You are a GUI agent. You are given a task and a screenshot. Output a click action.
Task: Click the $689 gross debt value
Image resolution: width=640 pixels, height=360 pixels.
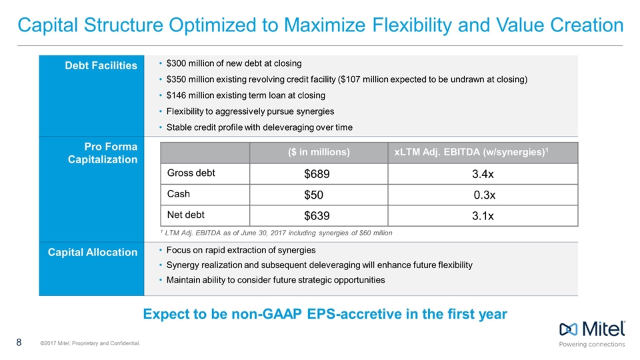tap(317, 174)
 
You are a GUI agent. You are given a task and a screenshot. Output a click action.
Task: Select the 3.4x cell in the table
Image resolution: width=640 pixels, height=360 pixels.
tap(483, 174)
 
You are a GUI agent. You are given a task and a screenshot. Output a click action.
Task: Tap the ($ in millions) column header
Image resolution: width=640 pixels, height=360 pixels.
tap(318, 152)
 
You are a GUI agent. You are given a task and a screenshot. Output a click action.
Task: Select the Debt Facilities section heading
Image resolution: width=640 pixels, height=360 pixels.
tap(101, 65)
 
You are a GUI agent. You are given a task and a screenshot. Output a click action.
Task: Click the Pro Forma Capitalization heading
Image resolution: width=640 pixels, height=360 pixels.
tap(104, 153)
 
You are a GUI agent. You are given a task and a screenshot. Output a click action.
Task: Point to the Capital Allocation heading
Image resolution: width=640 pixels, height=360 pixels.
tap(93, 252)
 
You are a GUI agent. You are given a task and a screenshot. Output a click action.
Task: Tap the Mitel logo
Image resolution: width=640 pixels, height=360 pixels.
tap(592, 330)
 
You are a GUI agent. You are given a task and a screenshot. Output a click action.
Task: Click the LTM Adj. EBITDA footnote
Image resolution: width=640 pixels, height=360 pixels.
tap(276, 233)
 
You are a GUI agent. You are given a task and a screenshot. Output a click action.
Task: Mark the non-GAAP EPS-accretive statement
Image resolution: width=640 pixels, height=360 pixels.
tap(325, 313)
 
